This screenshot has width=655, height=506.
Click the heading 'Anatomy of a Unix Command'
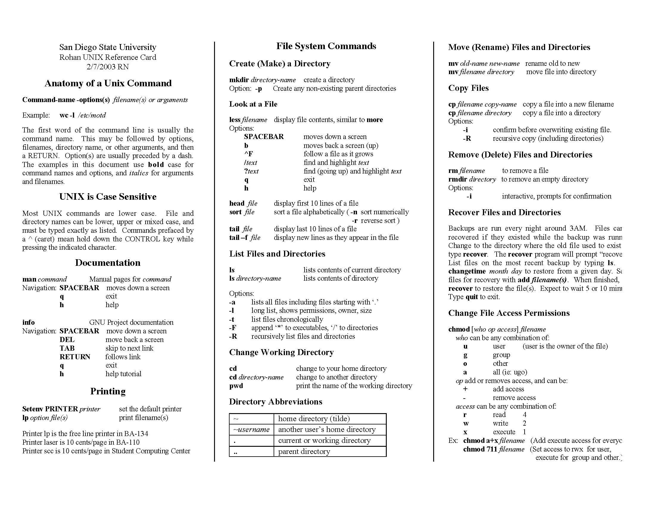(x=108, y=83)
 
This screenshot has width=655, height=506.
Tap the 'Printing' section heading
(x=108, y=391)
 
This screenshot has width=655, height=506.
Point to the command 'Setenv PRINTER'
(x=50, y=409)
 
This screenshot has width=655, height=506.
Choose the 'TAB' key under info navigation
(x=67, y=348)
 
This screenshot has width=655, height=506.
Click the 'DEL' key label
(x=67, y=340)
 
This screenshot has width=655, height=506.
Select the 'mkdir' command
(x=239, y=80)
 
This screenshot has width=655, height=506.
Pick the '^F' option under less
(x=248, y=154)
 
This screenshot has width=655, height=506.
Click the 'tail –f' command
(x=239, y=238)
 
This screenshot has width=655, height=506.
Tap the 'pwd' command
(x=236, y=386)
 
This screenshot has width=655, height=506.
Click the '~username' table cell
(x=251, y=430)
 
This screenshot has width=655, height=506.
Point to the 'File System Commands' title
(x=326, y=46)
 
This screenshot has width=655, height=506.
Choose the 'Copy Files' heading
(x=468, y=88)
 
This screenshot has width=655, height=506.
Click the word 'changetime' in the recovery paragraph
(x=467, y=271)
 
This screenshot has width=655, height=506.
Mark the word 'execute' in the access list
(x=504, y=432)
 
